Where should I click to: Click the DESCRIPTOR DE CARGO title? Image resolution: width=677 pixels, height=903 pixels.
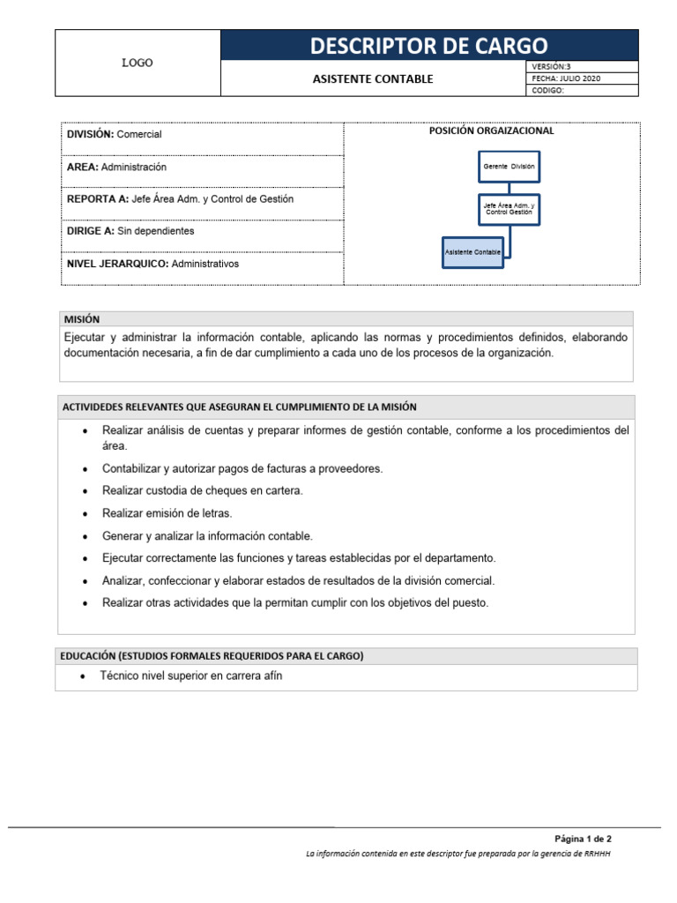click(428, 45)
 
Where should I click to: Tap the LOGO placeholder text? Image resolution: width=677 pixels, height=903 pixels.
click(137, 63)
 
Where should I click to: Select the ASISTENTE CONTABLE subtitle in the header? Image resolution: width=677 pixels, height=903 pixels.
click(373, 78)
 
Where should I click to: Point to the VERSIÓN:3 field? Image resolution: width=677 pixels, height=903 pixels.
click(553, 67)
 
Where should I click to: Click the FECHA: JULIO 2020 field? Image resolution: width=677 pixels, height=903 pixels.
click(566, 78)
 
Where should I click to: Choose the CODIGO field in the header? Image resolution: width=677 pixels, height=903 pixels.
click(548, 90)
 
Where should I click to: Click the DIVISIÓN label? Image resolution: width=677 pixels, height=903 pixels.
click(91, 134)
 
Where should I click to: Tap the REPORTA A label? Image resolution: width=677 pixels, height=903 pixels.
click(97, 199)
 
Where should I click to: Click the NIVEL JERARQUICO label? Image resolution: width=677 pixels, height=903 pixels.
click(117, 263)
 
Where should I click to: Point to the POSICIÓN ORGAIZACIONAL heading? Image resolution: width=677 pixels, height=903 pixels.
click(491, 131)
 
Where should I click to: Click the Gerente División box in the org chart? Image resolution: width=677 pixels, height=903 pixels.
click(509, 166)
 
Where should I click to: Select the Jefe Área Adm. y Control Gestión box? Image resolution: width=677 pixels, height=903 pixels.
click(509, 209)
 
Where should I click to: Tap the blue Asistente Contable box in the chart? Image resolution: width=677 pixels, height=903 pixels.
click(473, 251)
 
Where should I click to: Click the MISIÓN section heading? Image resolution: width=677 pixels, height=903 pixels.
click(81, 319)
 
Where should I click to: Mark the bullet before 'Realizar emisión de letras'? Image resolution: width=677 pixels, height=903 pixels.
click(84, 514)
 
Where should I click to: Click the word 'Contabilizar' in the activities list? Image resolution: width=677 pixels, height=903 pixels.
click(131, 469)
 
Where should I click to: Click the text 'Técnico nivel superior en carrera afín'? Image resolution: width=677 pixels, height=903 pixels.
click(191, 676)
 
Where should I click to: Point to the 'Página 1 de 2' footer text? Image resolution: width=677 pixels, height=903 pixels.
click(583, 838)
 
